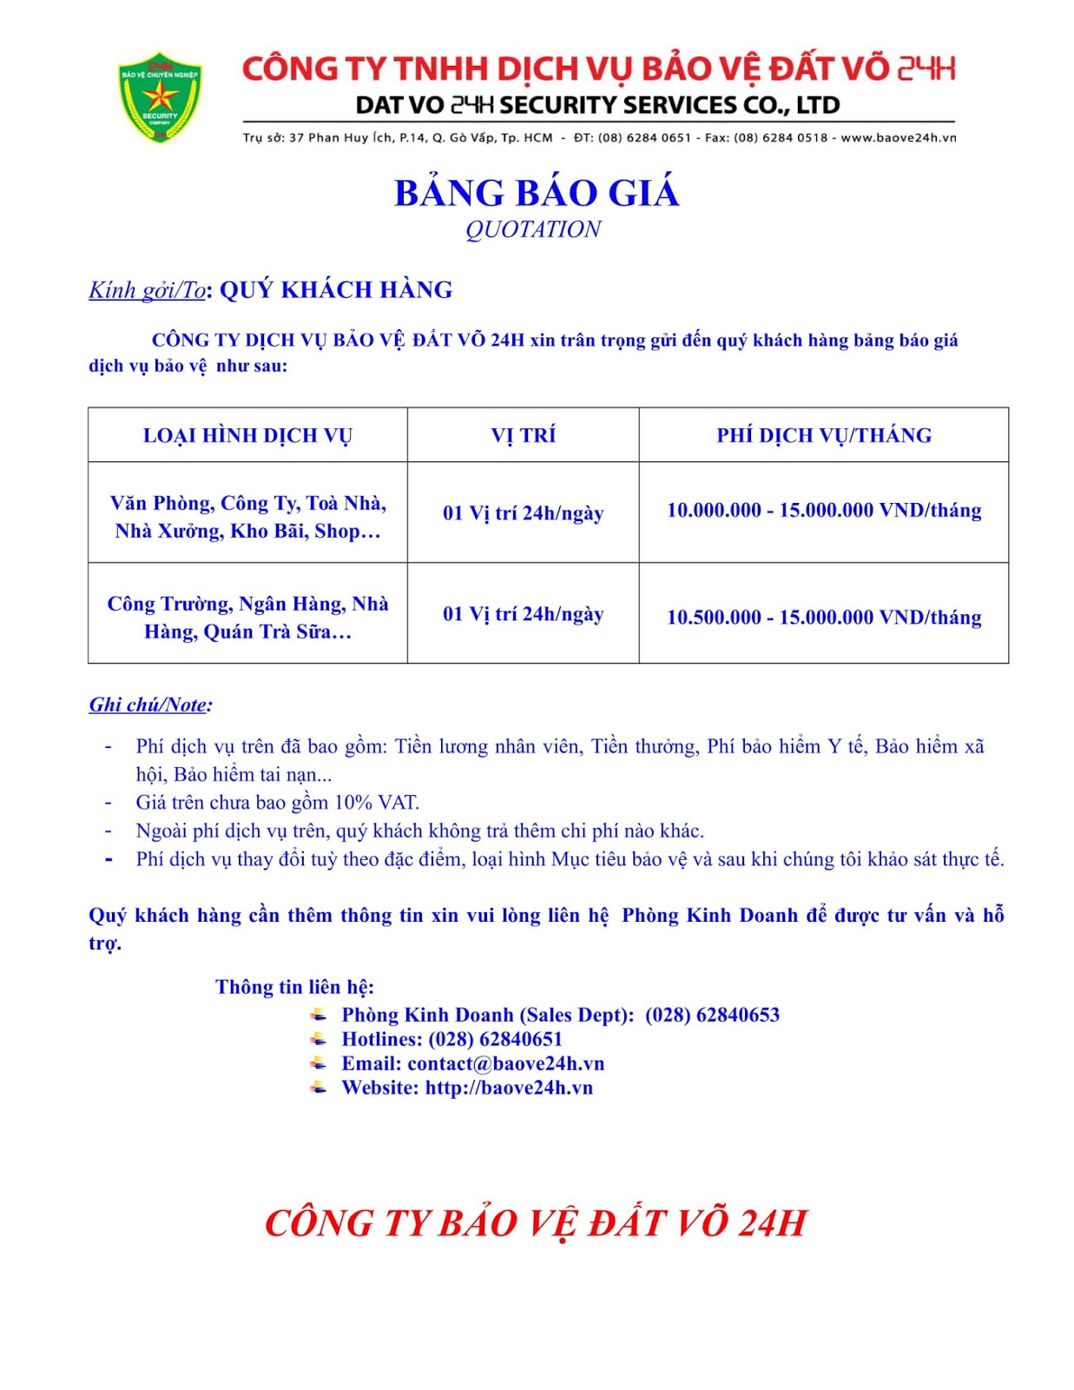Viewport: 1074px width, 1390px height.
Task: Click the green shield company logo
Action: [160, 96]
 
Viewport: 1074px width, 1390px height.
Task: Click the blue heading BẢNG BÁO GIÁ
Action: [536, 193]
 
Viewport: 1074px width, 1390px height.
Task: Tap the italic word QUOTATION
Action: [533, 229]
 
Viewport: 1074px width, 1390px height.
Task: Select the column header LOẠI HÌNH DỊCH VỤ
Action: [247, 435]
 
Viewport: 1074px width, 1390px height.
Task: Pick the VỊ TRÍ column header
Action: [523, 435]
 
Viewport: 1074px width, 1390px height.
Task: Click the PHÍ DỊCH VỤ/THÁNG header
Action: [823, 435]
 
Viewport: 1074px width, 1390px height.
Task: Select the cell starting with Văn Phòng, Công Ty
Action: [247, 517]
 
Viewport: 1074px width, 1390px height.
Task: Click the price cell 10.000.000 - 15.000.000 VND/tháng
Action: [823, 511]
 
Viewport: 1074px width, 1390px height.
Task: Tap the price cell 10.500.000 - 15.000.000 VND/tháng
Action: [823, 618]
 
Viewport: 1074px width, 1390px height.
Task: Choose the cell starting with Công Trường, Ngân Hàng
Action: [247, 618]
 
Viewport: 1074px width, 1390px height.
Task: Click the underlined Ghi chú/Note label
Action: [149, 705]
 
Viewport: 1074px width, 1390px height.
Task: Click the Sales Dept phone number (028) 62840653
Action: [712, 1015]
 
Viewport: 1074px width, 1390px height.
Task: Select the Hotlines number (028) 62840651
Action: [495, 1039]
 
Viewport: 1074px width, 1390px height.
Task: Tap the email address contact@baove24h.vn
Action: [505, 1063]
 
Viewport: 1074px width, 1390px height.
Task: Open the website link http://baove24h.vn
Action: [509, 1088]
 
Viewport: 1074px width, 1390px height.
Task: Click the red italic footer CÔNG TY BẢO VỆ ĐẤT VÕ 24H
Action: [536, 1223]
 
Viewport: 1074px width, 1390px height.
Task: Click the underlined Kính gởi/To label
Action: [147, 290]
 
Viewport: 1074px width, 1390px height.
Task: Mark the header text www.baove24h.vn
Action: [898, 137]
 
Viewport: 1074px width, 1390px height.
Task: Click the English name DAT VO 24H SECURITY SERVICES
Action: [597, 105]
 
